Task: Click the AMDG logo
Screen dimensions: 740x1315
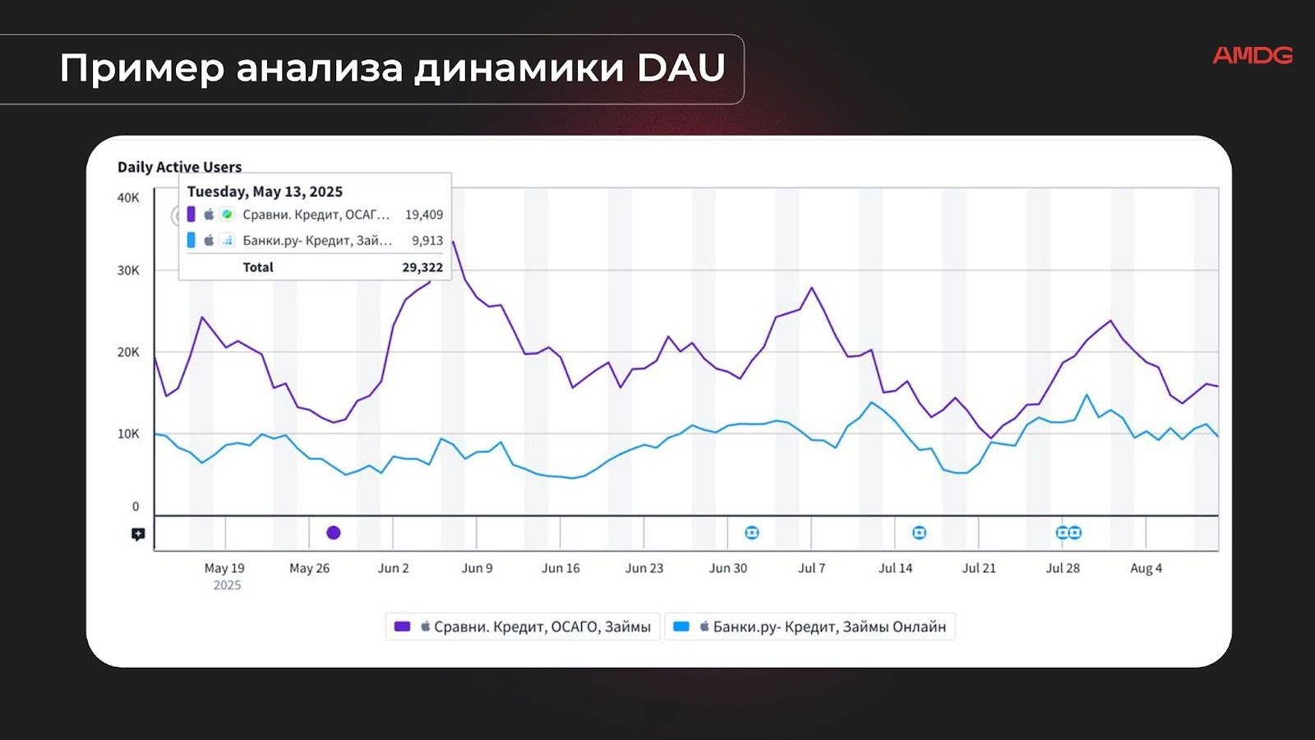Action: click(x=1252, y=55)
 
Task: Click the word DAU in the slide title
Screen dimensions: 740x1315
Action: click(x=681, y=68)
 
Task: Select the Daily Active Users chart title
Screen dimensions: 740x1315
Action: click(x=179, y=167)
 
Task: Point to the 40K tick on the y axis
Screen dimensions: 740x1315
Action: click(x=128, y=198)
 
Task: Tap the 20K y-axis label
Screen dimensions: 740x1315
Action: click(x=128, y=352)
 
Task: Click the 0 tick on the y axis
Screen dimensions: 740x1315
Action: click(x=136, y=506)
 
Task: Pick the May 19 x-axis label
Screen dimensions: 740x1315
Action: click(x=224, y=568)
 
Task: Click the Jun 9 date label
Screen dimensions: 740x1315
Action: click(x=477, y=568)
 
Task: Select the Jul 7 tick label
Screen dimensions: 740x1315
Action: click(x=811, y=568)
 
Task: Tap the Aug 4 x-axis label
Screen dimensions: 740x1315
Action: click(x=1146, y=568)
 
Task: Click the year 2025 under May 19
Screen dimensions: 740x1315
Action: click(x=227, y=585)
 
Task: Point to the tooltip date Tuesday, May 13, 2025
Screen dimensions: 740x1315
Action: click(x=265, y=192)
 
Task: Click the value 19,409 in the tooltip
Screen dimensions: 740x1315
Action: click(x=423, y=215)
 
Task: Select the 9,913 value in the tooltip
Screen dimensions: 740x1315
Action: click(x=427, y=241)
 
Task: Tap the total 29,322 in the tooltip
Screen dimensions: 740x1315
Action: click(x=422, y=267)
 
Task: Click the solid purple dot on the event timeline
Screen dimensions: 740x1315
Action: click(x=333, y=533)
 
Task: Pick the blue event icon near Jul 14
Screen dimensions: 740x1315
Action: click(x=919, y=533)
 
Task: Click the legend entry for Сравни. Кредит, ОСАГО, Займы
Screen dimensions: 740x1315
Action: click(x=524, y=627)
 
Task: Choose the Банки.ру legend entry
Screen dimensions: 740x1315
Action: click(x=810, y=627)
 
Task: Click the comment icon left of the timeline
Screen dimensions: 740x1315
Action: click(x=138, y=534)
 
